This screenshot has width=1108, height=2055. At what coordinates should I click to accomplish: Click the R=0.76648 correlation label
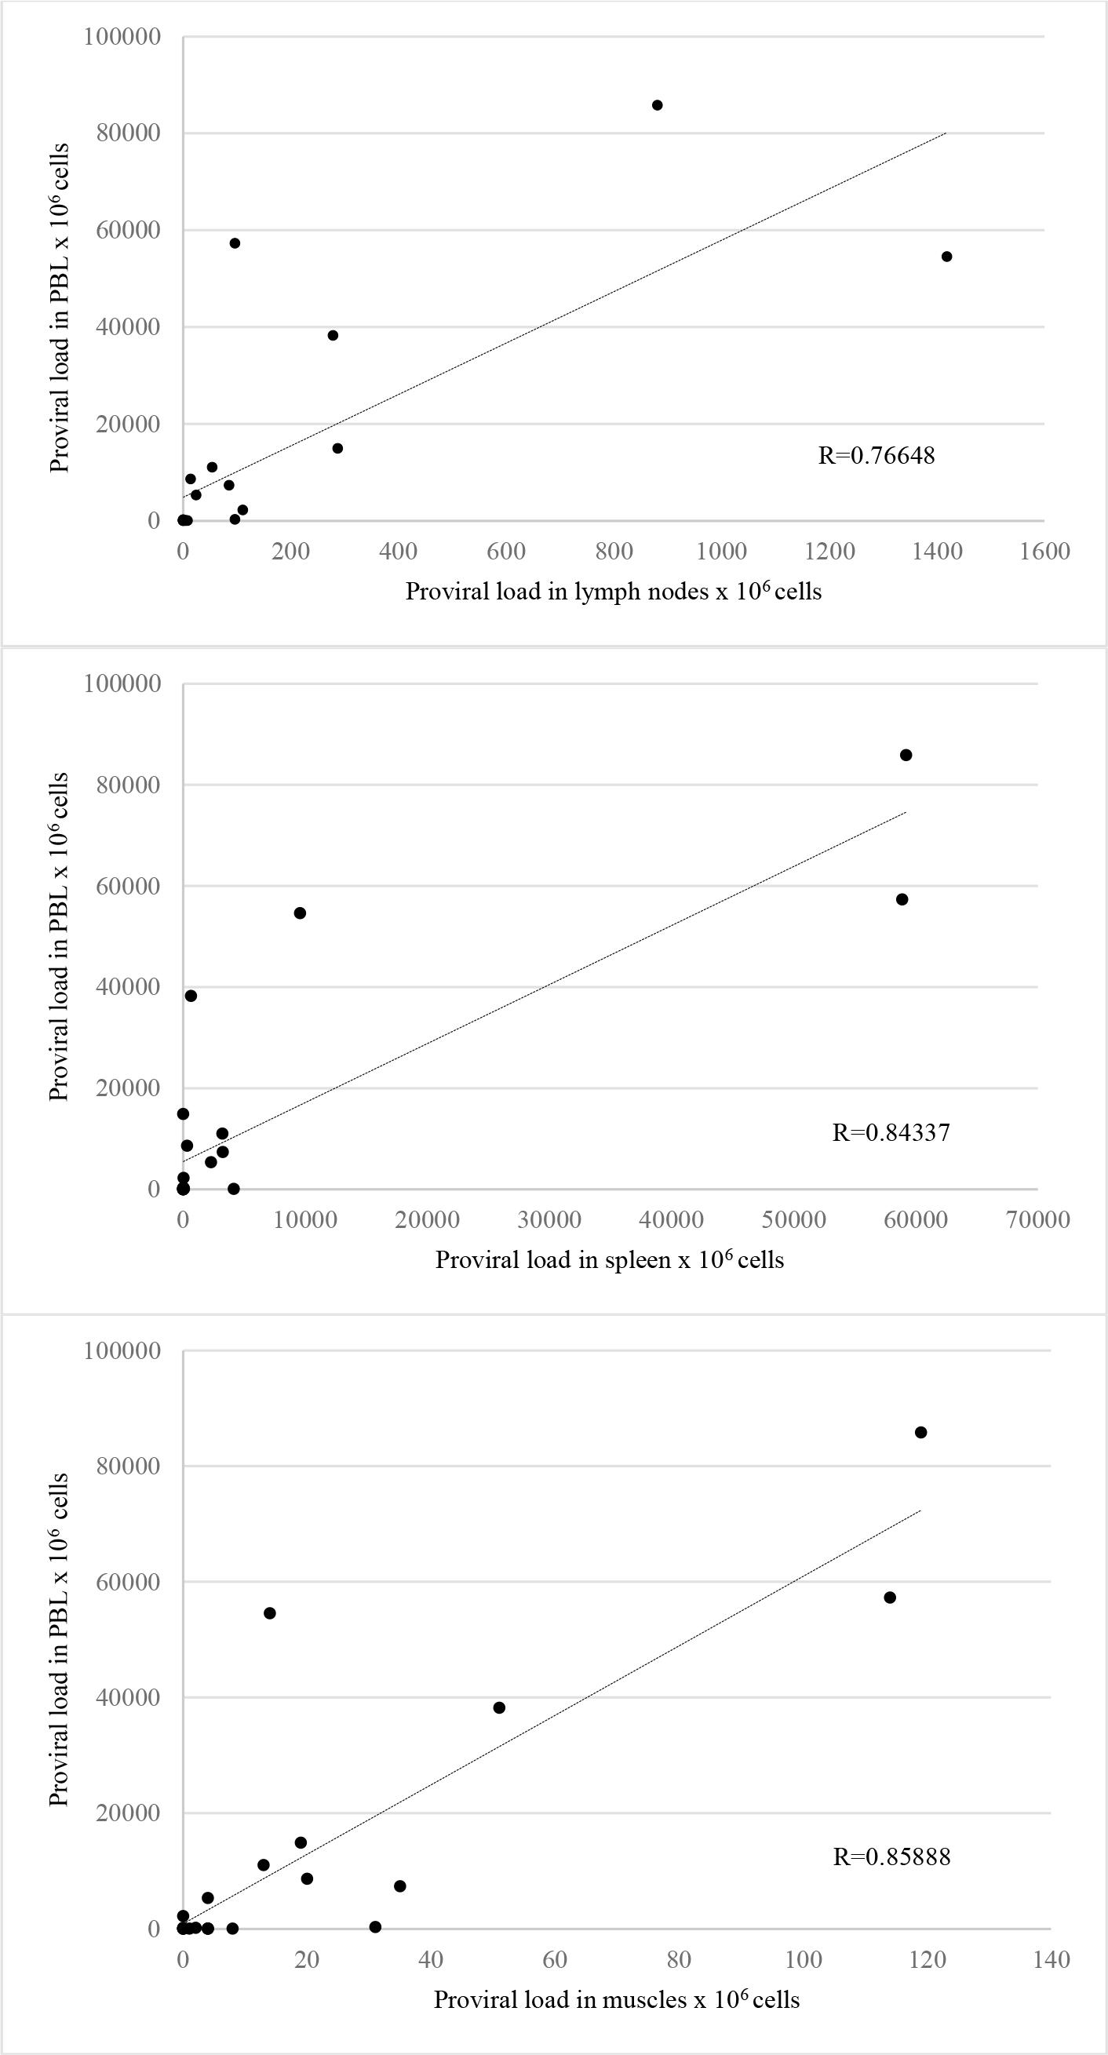[x=876, y=456]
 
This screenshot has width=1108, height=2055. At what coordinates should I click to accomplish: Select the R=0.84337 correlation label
[x=890, y=1132]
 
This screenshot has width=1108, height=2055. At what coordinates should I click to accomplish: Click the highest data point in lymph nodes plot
[x=658, y=105]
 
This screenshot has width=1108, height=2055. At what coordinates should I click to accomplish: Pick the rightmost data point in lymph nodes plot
[x=947, y=256]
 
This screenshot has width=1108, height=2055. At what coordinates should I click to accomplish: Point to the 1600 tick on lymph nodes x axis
[x=1044, y=552]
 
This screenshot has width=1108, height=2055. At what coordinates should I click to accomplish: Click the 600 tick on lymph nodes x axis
[x=505, y=552]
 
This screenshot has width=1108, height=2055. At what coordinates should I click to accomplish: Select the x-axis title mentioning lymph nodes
[x=613, y=591]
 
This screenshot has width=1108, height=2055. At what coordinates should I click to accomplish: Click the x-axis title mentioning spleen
[x=610, y=1259]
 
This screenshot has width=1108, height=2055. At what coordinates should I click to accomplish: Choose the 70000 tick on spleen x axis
[x=1037, y=1220]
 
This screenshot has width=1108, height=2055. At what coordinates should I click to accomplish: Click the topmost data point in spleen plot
[x=906, y=755]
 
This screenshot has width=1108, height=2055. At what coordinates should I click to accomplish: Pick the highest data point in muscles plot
[x=920, y=1432]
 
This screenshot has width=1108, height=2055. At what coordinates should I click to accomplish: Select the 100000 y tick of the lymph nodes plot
[x=122, y=37]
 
